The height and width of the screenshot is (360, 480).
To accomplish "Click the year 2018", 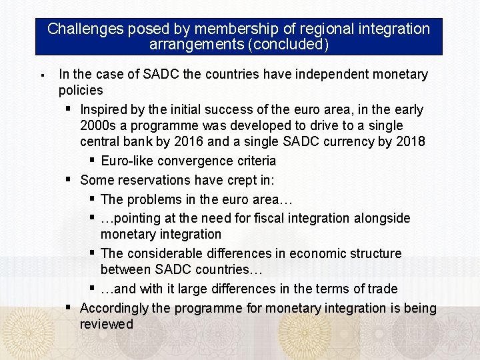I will (411, 141).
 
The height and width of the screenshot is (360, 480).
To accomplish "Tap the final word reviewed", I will (106, 324).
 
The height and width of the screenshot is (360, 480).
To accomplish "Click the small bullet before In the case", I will (41, 74).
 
